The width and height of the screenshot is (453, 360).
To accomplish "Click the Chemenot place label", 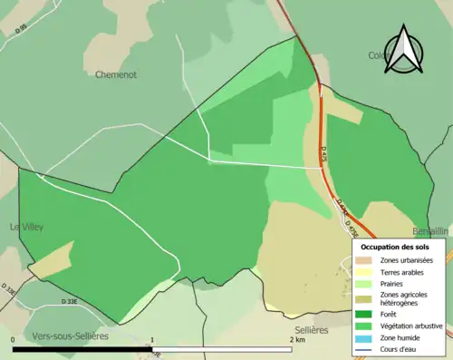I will coord(116,74).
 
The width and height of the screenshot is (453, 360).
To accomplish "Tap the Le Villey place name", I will coord(27,227).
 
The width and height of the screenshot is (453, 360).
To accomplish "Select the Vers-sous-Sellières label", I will coord(70,336).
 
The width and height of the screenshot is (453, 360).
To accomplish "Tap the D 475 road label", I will coord(323,155).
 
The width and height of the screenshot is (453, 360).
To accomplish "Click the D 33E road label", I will coord(69,301).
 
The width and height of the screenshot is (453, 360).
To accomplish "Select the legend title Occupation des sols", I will coord(395,247).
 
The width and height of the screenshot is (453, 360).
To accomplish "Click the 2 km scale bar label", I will coord(296,339).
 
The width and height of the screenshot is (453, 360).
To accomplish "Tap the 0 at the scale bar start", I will coord(13,339).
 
